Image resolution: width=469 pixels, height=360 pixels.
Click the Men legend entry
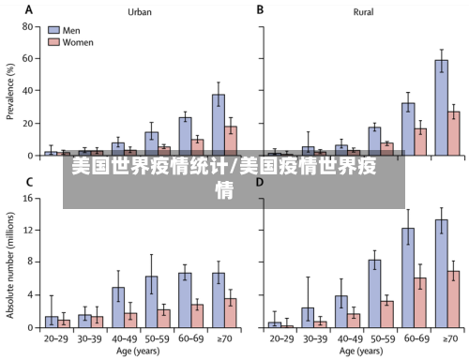click(70, 30)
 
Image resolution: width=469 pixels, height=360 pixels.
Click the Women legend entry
click(75, 42)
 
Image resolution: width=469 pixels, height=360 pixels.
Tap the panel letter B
click(260, 9)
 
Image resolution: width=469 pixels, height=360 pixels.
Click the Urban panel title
click(140, 12)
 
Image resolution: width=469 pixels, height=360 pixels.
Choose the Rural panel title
click(364, 12)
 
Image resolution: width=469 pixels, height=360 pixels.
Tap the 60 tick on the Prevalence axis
click(29, 58)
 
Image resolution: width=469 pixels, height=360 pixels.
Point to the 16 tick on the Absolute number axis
click(29, 199)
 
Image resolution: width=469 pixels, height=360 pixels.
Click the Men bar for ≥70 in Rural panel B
click(440, 107)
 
